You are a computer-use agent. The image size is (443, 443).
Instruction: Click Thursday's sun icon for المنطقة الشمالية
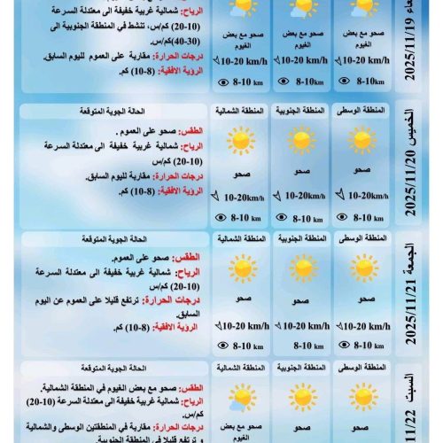point(239,140)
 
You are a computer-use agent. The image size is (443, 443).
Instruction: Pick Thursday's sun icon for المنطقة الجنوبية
point(301,140)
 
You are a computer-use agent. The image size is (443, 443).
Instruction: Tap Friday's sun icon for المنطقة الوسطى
point(363,267)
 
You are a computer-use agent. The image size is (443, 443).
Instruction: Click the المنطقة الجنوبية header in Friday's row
point(301,239)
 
